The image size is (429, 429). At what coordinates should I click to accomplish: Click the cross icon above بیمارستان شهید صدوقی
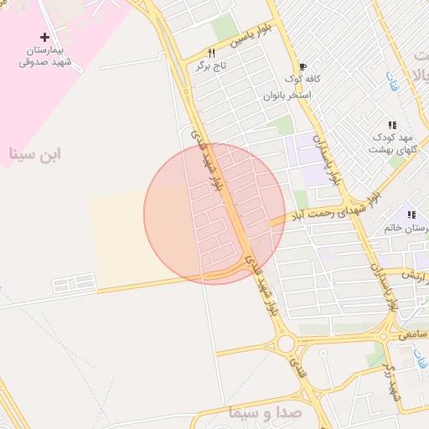point(44,37)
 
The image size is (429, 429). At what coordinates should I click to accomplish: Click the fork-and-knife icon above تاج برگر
point(199,53)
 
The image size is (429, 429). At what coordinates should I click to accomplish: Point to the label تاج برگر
point(200,66)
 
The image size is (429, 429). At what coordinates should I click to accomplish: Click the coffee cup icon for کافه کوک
point(302,65)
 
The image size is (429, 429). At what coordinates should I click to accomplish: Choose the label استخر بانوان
point(287,95)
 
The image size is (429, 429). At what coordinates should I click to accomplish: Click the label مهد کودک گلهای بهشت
point(391,142)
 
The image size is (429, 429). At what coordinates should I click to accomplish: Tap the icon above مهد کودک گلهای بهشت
point(392,125)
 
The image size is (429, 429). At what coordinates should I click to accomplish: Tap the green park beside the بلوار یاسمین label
point(225,28)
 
